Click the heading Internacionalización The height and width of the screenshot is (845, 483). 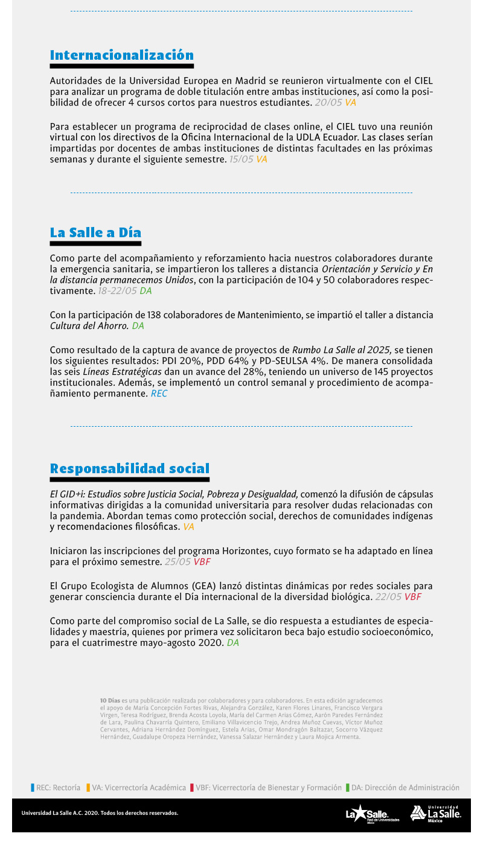(121, 56)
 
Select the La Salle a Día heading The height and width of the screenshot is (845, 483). (95, 233)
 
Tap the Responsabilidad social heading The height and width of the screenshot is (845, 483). (129, 468)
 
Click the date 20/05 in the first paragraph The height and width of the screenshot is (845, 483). (328, 103)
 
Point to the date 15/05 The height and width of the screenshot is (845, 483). (241, 159)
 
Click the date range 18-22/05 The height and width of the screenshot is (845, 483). (117, 291)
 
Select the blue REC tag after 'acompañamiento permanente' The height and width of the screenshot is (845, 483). (159, 394)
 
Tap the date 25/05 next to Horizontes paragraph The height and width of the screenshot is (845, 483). (178, 562)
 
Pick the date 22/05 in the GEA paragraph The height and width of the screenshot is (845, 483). (388, 597)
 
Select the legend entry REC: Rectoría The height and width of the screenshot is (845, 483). (56, 788)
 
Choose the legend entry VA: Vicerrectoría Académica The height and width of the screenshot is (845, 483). (136, 788)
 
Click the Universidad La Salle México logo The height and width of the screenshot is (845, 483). (435, 813)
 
